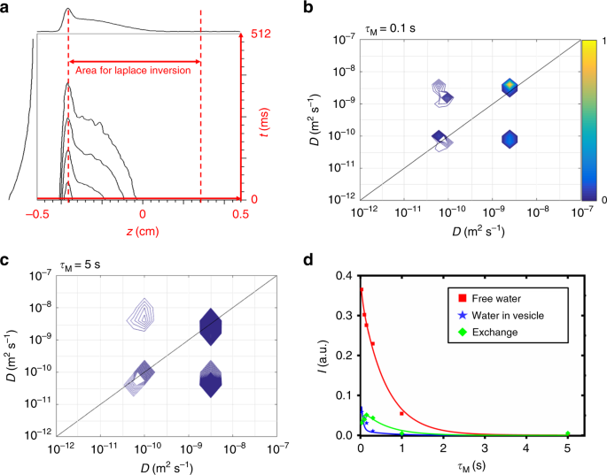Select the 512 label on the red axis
(x=261, y=34)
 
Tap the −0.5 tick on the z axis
(x=35, y=213)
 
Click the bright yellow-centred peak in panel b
(x=509, y=87)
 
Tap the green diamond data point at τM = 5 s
(x=568, y=433)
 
